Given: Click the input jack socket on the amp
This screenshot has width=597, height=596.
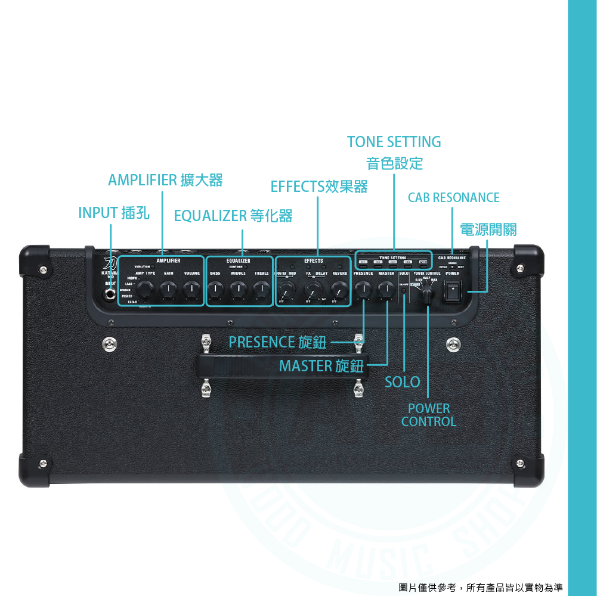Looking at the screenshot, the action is click(x=110, y=293).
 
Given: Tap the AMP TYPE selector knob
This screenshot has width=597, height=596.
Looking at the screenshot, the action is click(x=144, y=290).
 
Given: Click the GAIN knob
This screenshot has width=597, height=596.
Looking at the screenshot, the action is click(x=168, y=290).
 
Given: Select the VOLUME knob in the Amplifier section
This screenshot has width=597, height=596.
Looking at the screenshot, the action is click(x=191, y=290).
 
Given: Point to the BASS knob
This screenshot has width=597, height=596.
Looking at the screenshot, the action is click(x=215, y=290).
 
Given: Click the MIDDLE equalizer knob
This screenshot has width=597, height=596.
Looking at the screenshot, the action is click(x=238, y=290).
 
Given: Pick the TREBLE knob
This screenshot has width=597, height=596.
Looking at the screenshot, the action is click(x=261, y=290).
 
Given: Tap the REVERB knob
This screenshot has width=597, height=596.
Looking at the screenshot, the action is click(x=339, y=291).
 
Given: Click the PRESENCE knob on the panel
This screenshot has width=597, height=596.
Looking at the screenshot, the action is click(x=363, y=290).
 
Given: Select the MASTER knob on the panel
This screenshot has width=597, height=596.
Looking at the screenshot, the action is click(x=386, y=290).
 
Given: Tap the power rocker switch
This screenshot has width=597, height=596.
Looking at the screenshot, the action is click(x=454, y=290).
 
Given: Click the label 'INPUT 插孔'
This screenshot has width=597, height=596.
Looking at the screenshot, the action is click(x=114, y=213).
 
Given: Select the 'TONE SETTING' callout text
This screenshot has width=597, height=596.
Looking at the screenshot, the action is click(x=394, y=142).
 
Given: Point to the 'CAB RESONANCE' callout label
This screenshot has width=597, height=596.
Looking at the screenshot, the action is click(x=453, y=197).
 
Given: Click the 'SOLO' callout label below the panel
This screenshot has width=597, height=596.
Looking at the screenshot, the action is click(x=402, y=382).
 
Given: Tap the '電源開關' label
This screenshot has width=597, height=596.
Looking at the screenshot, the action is click(x=488, y=229).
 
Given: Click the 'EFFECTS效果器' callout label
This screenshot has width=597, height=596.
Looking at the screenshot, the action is click(x=319, y=187).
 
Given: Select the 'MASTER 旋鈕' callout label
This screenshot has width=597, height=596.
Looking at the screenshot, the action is click(x=321, y=365).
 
